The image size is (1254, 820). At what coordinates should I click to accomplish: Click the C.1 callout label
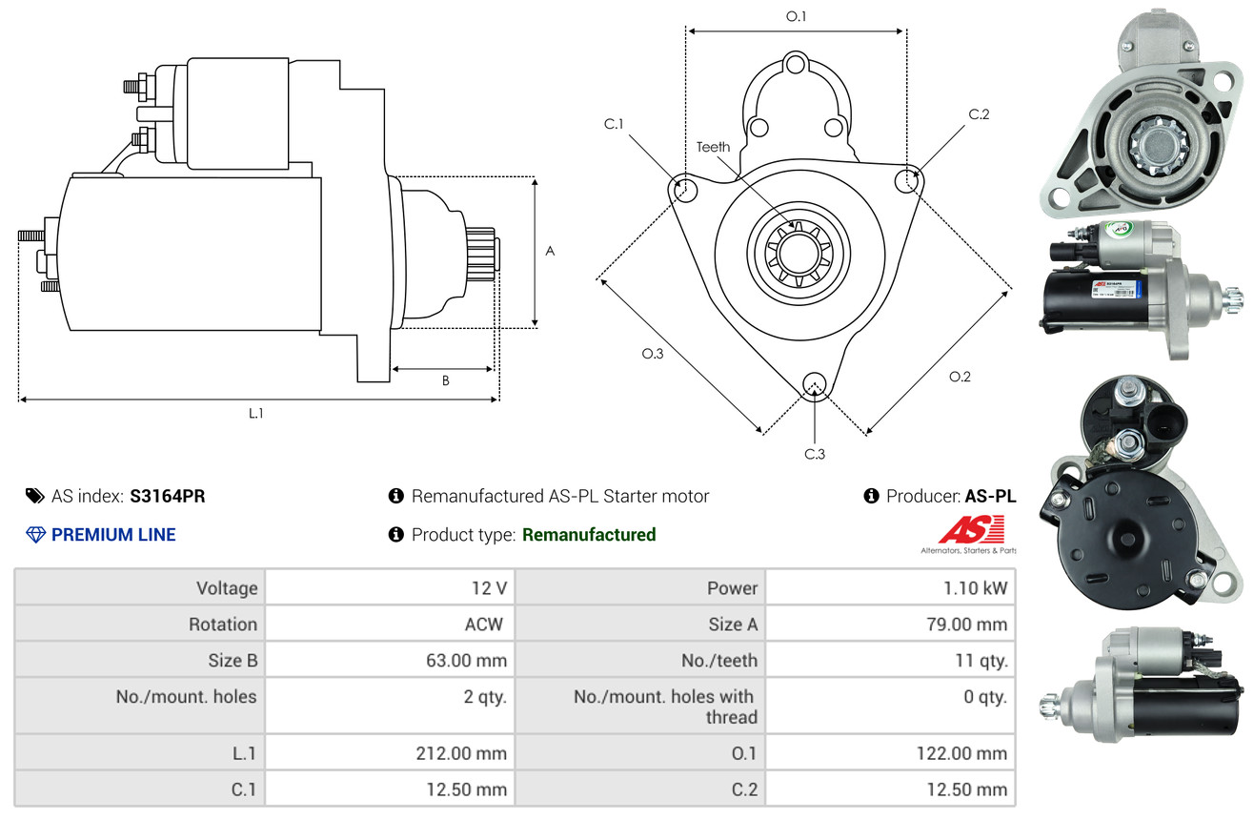pyautogui.click(x=614, y=124)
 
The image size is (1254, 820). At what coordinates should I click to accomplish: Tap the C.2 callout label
pyautogui.click(x=979, y=114)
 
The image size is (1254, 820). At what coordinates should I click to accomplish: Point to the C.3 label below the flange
pyautogui.click(x=814, y=454)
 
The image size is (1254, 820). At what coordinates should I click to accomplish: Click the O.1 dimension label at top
pyautogui.click(x=796, y=16)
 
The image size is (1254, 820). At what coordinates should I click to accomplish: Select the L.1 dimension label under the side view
pyautogui.click(x=255, y=413)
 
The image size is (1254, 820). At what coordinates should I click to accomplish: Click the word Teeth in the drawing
pyautogui.click(x=713, y=147)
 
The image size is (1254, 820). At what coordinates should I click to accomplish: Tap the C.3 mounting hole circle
pyautogui.click(x=814, y=383)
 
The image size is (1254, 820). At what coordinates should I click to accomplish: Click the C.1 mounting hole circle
pyautogui.click(x=683, y=189)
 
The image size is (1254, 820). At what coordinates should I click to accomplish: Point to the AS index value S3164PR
pyautogui.click(x=168, y=496)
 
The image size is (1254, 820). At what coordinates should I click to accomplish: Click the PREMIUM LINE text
pyautogui.click(x=113, y=535)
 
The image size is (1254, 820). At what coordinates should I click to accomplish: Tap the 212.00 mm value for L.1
pyautogui.click(x=461, y=753)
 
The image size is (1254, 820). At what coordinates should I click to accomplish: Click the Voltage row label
pyautogui.click(x=227, y=588)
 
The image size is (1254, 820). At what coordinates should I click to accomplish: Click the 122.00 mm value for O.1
pyautogui.click(x=964, y=753)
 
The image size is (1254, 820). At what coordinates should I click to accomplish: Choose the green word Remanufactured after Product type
pyautogui.click(x=589, y=535)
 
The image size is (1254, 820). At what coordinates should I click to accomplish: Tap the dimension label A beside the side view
pyautogui.click(x=550, y=251)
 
